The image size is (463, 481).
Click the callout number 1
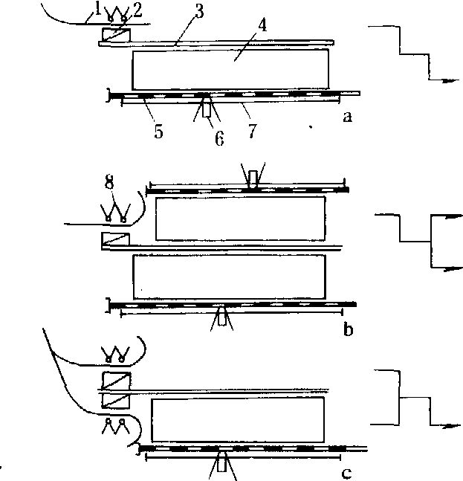click(x=97, y=9)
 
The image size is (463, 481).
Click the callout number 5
click(x=158, y=132)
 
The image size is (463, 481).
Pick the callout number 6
click(x=219, y=138)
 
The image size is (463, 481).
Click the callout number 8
click(x=109, y=181)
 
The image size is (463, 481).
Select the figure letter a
click(x=347, y=117)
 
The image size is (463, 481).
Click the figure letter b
click(x=348, y=330)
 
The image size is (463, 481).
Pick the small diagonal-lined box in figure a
click(x=115, y=35)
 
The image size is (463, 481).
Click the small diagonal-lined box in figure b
click(x=116, y=239)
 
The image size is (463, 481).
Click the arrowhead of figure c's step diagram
click(x=453, y=425)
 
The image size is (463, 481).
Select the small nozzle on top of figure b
click(x=253, y=178)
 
